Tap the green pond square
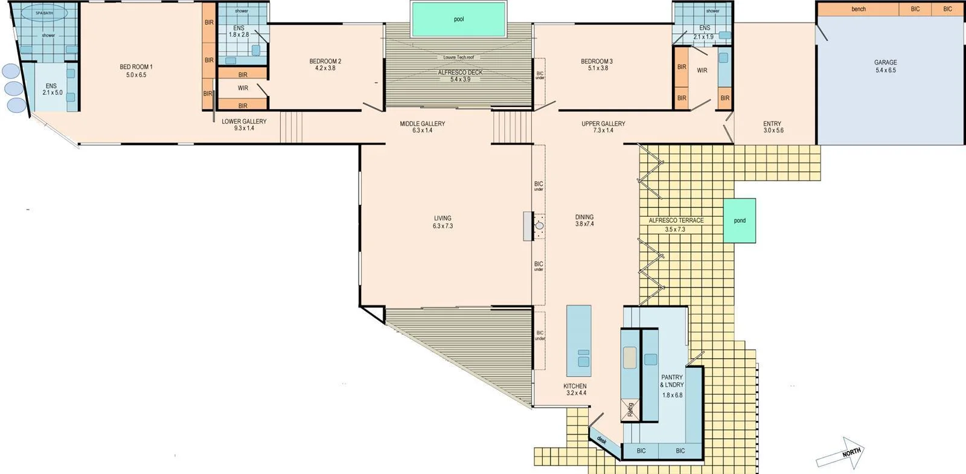tap(740, 220)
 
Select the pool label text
tap(459, 19)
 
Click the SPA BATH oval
tap(44, 13)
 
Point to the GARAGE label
tap(885, 62)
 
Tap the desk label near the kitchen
tap(602, 440)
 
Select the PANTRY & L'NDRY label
tap(672, 381)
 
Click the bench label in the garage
tap(859, 9)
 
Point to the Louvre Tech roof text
tap(459, 57)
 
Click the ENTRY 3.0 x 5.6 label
tap(772, 127)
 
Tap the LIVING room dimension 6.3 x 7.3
tap(443, 226)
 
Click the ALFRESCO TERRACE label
tap(676, 220)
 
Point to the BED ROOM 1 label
tap(136, 67)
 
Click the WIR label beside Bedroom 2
tap(243, 88)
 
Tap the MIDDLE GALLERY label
tap(422, 124)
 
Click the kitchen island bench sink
tap(583, 357)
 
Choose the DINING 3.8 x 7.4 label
tap(584, 220)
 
